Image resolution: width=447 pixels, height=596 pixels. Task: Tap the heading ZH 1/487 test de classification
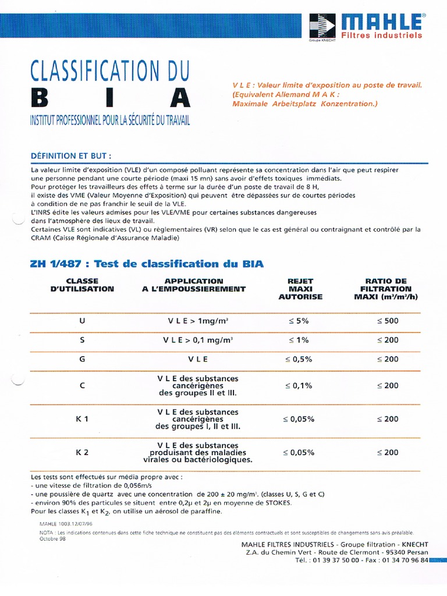pyautogui.click(x=147, y=264)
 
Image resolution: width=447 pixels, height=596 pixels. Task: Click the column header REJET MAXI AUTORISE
pyautogui.click(x=300, y=289)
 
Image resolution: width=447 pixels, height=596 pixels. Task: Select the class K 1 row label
pyautogui.click(x=81, y=418)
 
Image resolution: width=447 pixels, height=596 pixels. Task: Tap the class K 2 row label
pyautogui.click(x=81, y=452)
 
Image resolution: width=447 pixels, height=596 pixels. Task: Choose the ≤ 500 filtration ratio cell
pyautogui.click(x=387, y=321)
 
